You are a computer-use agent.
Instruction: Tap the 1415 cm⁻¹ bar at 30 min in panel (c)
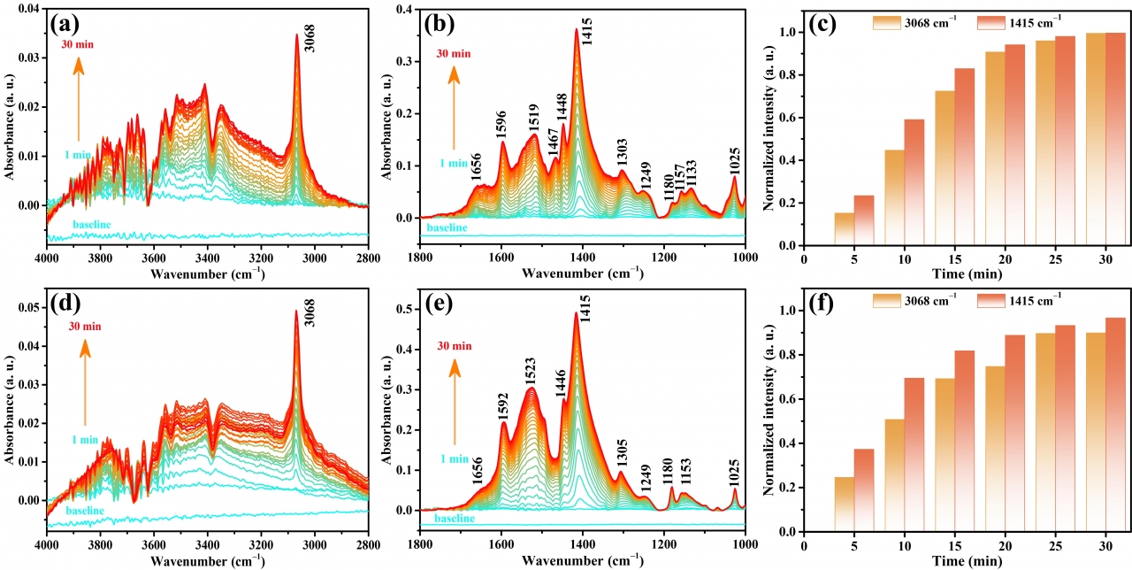1115,139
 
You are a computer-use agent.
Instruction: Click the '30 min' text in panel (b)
454,53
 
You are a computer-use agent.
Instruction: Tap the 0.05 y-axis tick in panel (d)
29,307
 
